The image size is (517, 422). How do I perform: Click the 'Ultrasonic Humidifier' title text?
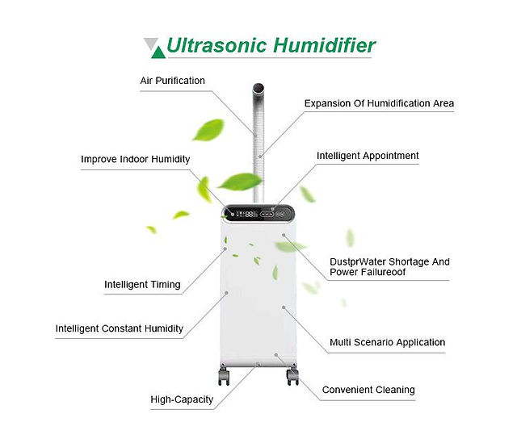[271, 45]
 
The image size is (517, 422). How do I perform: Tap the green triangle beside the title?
[158, 53]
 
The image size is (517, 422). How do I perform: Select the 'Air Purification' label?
[172, 81]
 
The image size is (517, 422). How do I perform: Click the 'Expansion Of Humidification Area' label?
[379, 103]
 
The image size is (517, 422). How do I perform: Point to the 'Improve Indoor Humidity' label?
[136, 160]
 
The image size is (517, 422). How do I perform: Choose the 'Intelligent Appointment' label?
[368, 156]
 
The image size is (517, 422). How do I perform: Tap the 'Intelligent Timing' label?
[142, 285]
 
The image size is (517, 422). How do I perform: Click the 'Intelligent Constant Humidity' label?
[120, 328]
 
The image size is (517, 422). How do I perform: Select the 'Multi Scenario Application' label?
[388, 342]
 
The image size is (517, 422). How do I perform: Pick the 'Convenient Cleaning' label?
[368, 390]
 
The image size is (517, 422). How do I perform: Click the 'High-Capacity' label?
[182, 399]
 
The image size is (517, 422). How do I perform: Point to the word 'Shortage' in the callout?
[410, 262]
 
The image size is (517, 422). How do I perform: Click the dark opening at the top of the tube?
[258, 88]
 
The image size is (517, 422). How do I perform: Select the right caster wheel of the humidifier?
[292, 376]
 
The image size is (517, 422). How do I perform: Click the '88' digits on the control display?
[249, 215]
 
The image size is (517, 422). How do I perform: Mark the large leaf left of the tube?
[208, 130]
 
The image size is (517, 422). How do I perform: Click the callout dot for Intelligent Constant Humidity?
[226, 293]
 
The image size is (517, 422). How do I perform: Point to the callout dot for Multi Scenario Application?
[284, 307]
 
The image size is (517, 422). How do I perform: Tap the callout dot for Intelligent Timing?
[225, 249]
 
